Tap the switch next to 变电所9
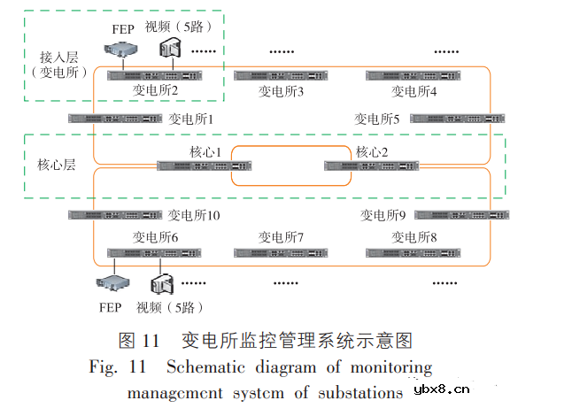461,215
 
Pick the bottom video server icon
161,284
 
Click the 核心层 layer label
55,165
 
